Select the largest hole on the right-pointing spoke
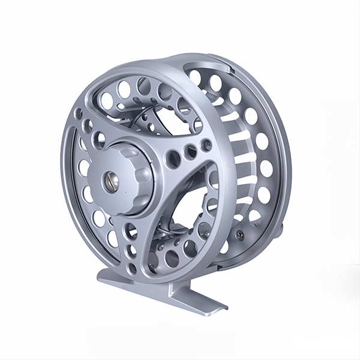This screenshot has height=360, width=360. pyautogui.click(x=173, y=159)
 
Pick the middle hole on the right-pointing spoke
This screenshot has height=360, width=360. pyautogui.click(x=190, y=152)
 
